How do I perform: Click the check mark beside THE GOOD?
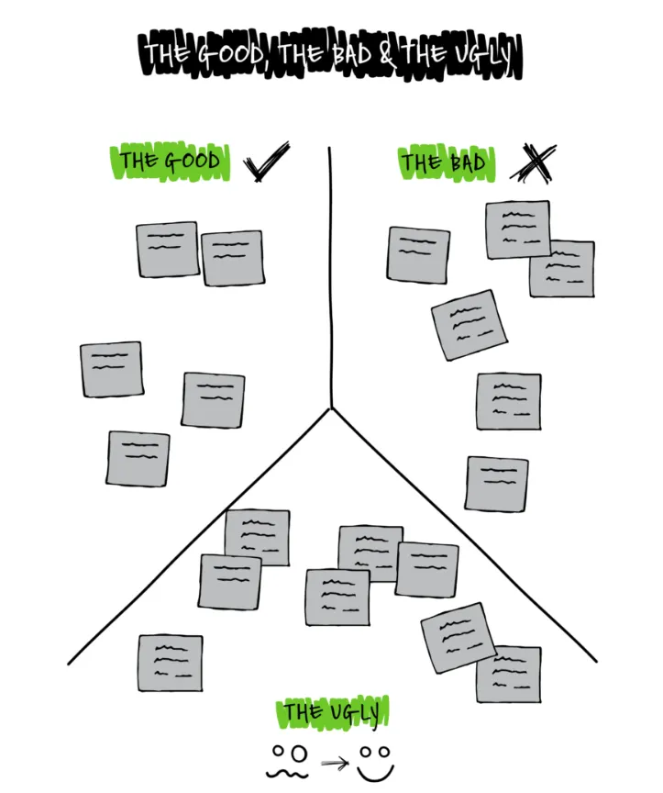[266, 162]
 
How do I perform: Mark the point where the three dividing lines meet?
[330, 408]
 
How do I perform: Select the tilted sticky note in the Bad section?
[469, 325]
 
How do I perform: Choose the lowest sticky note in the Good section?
[138, 459]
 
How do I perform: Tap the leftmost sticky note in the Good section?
[111, 369]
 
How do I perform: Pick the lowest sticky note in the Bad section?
[496, 484]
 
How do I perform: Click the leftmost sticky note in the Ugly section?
[171, 663]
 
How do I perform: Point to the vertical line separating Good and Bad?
[330, 275]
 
